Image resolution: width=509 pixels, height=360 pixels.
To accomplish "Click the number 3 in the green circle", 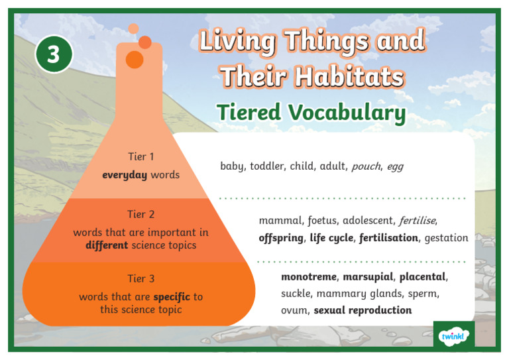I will point(53,55).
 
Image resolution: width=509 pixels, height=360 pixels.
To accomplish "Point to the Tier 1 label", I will point(141,157).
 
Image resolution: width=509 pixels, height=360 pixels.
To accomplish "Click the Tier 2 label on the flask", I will point(141,214).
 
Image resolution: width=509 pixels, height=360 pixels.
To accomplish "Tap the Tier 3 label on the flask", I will point(141,278).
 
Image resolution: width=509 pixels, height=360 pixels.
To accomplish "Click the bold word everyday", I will point(125,175).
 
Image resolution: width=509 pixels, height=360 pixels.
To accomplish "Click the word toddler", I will point(267,166).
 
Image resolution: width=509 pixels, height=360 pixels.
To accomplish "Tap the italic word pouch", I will point(366,166).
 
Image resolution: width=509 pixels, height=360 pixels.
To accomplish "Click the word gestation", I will point(446,237).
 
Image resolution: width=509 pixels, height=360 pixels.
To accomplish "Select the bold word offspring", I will point(280,237).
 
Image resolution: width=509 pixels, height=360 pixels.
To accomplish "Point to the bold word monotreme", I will point(310,276).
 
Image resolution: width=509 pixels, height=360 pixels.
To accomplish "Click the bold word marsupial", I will point(368,276).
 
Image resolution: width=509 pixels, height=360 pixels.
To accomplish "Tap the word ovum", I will point(294,310).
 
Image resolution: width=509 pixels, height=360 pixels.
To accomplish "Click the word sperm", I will point(422,293).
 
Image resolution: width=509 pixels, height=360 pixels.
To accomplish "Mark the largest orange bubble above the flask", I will point(135,60).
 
